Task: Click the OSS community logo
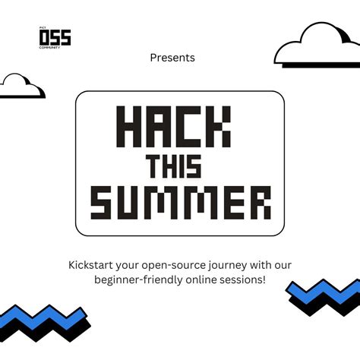55,37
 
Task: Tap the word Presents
172,58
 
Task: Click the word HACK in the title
173,127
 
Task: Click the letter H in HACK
129,127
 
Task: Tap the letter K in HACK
217,127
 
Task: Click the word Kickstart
91,265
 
